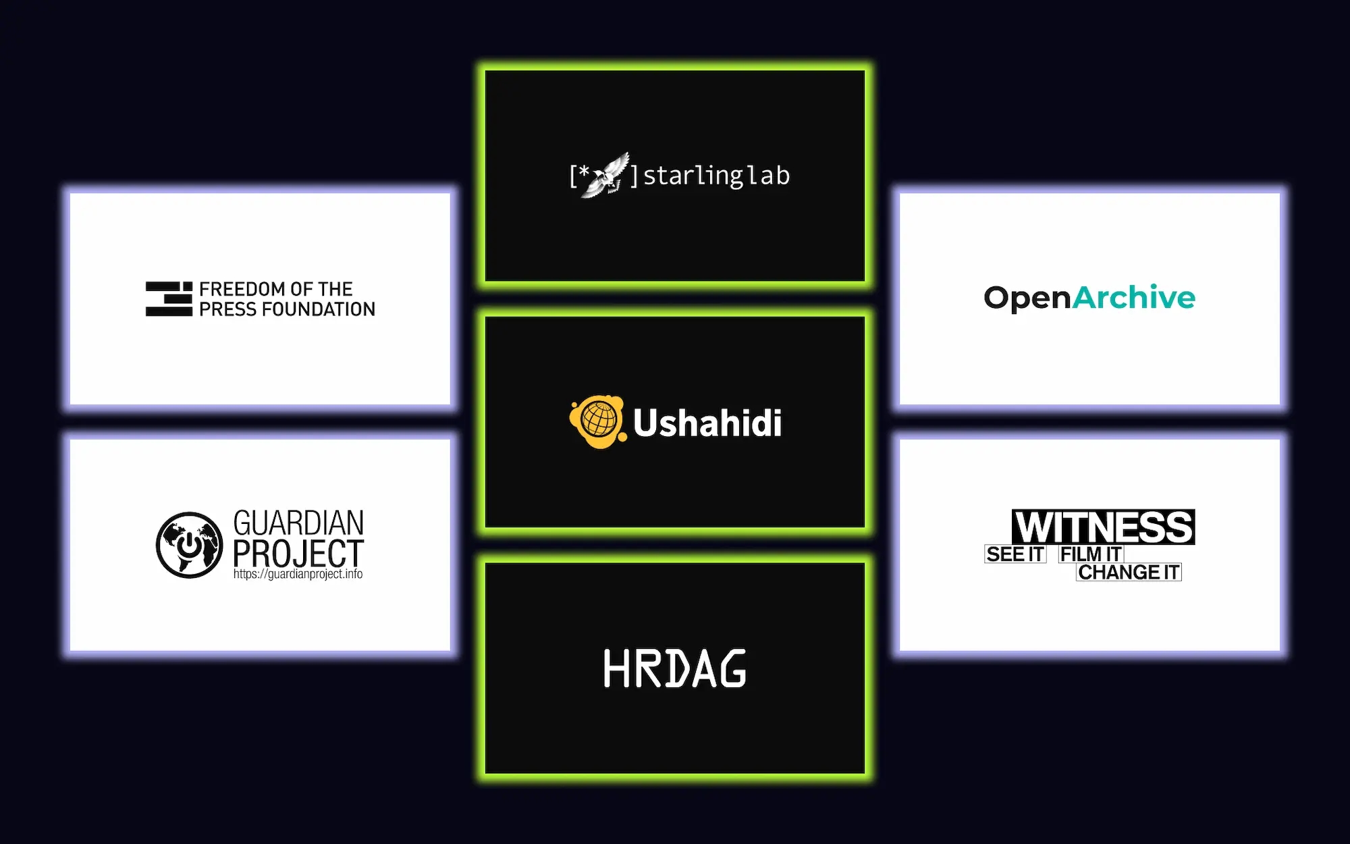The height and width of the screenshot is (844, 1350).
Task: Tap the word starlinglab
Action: pos(716,176)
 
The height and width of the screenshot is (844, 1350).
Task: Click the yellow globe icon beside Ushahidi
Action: pos(597,421)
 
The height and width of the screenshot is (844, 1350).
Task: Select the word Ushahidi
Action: pos(707,423)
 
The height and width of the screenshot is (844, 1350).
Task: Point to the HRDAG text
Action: pos(675,668)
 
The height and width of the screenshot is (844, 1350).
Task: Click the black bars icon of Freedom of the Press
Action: pos(169,299)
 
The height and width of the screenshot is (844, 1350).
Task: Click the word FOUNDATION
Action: pos(319,309)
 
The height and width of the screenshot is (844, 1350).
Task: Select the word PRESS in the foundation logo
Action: pos(227,309)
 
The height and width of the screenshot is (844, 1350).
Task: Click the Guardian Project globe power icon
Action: pos(190,545)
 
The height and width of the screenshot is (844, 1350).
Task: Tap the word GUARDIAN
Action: pos(298,523)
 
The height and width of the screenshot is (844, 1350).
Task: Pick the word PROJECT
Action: pos(298,553)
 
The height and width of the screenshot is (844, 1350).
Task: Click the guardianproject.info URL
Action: pos(298,574)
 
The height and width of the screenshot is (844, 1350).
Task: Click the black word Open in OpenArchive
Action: pos(1027,298)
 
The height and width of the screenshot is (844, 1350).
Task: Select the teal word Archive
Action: pos(1134,297)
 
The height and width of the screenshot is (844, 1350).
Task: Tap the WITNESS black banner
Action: pos(1104,527)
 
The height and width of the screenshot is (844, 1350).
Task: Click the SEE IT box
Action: pos(1015,554)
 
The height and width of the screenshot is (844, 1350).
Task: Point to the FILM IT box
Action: pos(1091,554)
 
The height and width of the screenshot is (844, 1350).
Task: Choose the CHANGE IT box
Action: pos(1129,572)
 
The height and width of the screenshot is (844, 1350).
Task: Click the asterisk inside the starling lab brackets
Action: pos(585,172)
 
